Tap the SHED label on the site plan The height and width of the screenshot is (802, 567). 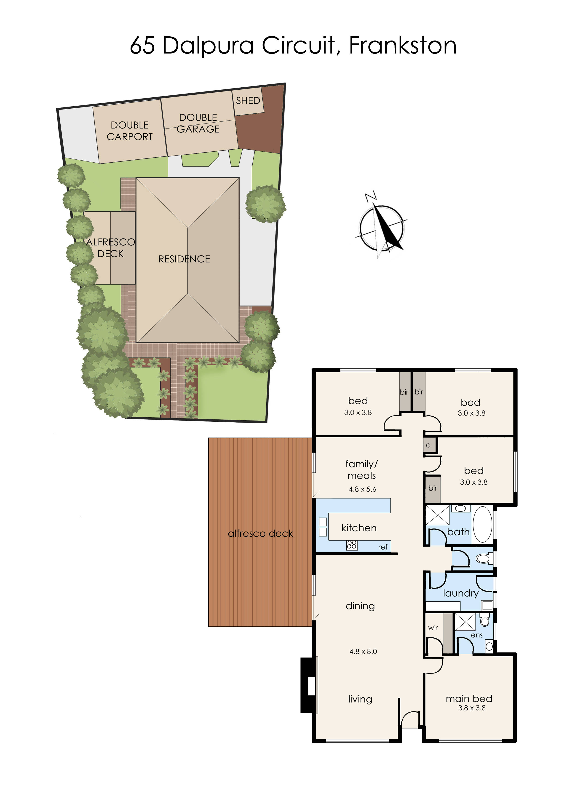click(x=248, y=101)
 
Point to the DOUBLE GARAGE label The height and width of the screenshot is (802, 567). click(x=198, y=123)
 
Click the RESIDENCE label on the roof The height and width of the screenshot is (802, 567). click(x=184, y=259)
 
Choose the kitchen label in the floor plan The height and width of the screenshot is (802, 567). click(x=359, y=528)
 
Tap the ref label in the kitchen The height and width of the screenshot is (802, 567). click(x=383, y=547)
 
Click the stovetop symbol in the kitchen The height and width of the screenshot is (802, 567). click(x=352, y=545)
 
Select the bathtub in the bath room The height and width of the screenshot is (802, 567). click(x=482, y=524)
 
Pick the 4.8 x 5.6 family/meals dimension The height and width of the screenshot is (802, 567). click(x=362, y=489)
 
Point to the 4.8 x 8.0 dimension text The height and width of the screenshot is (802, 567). click(x=363, y=651)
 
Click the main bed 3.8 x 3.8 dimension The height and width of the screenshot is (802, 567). click(x=472, y=708)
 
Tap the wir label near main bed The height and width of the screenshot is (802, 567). click(x=433, y=628)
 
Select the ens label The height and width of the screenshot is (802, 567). click(x=476, y=635)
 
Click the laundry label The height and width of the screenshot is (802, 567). click(x=460, y=593)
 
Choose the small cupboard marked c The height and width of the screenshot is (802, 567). click(x=428, y=445)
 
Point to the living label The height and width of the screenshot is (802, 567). click(x=360, y=699)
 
